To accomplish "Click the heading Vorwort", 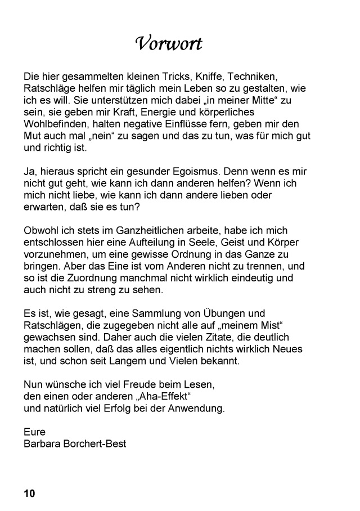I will (169, 43).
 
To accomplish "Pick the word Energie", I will (137, 111).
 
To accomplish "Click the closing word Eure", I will (35, 432).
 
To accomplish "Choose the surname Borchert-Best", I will (97, 444).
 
